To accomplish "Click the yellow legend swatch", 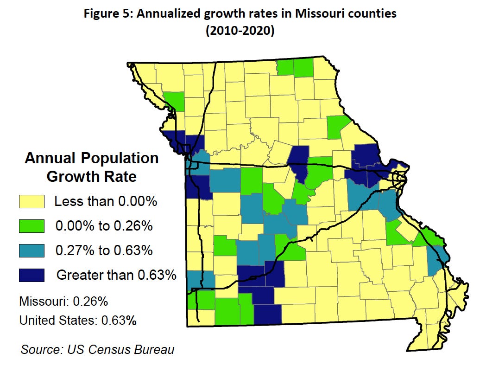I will click(x=32, y=202).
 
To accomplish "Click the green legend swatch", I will click(x=32, y=226).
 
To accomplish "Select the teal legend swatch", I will click(x=32, y=250).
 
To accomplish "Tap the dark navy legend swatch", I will click(x=32, y=275).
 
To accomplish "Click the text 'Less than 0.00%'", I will click(x=106, y=202).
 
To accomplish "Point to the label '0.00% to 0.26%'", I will click(x=104, y=226).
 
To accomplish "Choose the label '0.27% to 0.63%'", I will click(x=104, y=250).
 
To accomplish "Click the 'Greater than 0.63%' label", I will click(x=116, y=275).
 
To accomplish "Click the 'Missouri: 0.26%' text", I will click(x=63, y=301).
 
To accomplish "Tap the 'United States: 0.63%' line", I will click(x=78, y=321).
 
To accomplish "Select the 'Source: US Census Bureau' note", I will click(x=97, y=349).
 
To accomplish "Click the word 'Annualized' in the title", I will click(x=163, y=13).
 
